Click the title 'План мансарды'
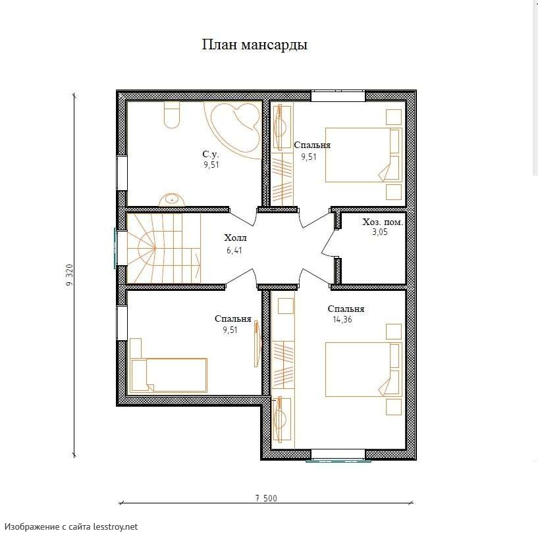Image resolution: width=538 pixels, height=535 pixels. pyautogui.click(x=254, y=45)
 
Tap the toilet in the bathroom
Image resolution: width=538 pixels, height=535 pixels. pyautogui.click(x=172, y=115)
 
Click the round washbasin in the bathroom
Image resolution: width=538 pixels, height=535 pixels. pyautogui.click(x=172, y=199)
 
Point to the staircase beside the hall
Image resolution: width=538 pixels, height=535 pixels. pyautogui.click(x=164, y=248)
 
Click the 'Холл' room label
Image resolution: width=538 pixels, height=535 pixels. pyautogui.click(x=235, y=238)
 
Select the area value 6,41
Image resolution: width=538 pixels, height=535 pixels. pyautogui.click(x=234, y=250)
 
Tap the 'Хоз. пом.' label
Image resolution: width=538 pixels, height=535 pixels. pyautogui.click(x=383, y=222)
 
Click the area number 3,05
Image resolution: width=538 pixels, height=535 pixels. pyautogui.click(x=380, y=232)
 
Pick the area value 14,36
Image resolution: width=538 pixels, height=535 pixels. pyautogui.click(x=342, y=320)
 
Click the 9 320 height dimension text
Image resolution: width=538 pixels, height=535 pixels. pyautogui.click(x=69, y=275)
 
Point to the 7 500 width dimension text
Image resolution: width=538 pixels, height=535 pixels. pyautogui.click(x=266, y=498)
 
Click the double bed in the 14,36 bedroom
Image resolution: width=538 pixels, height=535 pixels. pyautogui.click(x=363, y=369)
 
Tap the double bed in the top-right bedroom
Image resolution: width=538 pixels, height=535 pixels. pyautogui.click(x=363, y=155)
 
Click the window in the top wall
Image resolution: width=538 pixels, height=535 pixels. pyautogui.click(x=338, y=95)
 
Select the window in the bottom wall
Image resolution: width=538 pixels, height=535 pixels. pyautogui.click(x=338, y=455)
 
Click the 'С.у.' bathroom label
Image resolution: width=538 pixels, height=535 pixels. pyautogui.click(x=210, y=154)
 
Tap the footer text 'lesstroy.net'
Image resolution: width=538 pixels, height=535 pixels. pyautogui.click(x=116, y=526)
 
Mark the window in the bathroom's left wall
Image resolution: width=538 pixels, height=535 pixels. pyautogui.click(x=122, y=173)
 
